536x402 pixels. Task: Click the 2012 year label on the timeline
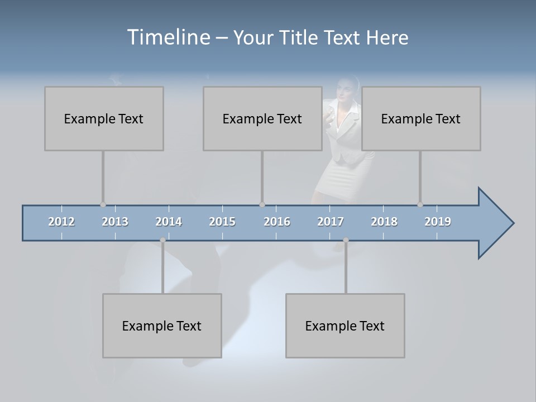(61, 222)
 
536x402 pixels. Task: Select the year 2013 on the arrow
(115, 222)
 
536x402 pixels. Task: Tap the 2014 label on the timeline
(169, 222)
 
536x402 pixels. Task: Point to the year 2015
(222, 222)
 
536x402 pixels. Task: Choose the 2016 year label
(277, 222)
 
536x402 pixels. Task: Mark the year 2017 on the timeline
(331, 222)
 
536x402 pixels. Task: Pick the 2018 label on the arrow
(384, 222)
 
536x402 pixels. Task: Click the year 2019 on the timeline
(438, 222)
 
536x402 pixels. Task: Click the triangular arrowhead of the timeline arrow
(494, 223)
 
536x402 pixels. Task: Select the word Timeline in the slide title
(167, 37)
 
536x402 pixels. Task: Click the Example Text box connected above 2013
(104, 118)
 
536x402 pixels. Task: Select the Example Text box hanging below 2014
(162, 326)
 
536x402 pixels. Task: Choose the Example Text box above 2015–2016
(262, 118)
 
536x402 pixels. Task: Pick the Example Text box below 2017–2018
(345, 326)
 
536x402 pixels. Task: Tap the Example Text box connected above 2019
(421, 118)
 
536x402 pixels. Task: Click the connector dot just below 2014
(162, 240)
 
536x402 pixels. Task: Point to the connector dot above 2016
(262, 205)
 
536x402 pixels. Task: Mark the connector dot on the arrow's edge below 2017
(346, 240)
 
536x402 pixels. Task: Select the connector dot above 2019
(420, 205)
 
